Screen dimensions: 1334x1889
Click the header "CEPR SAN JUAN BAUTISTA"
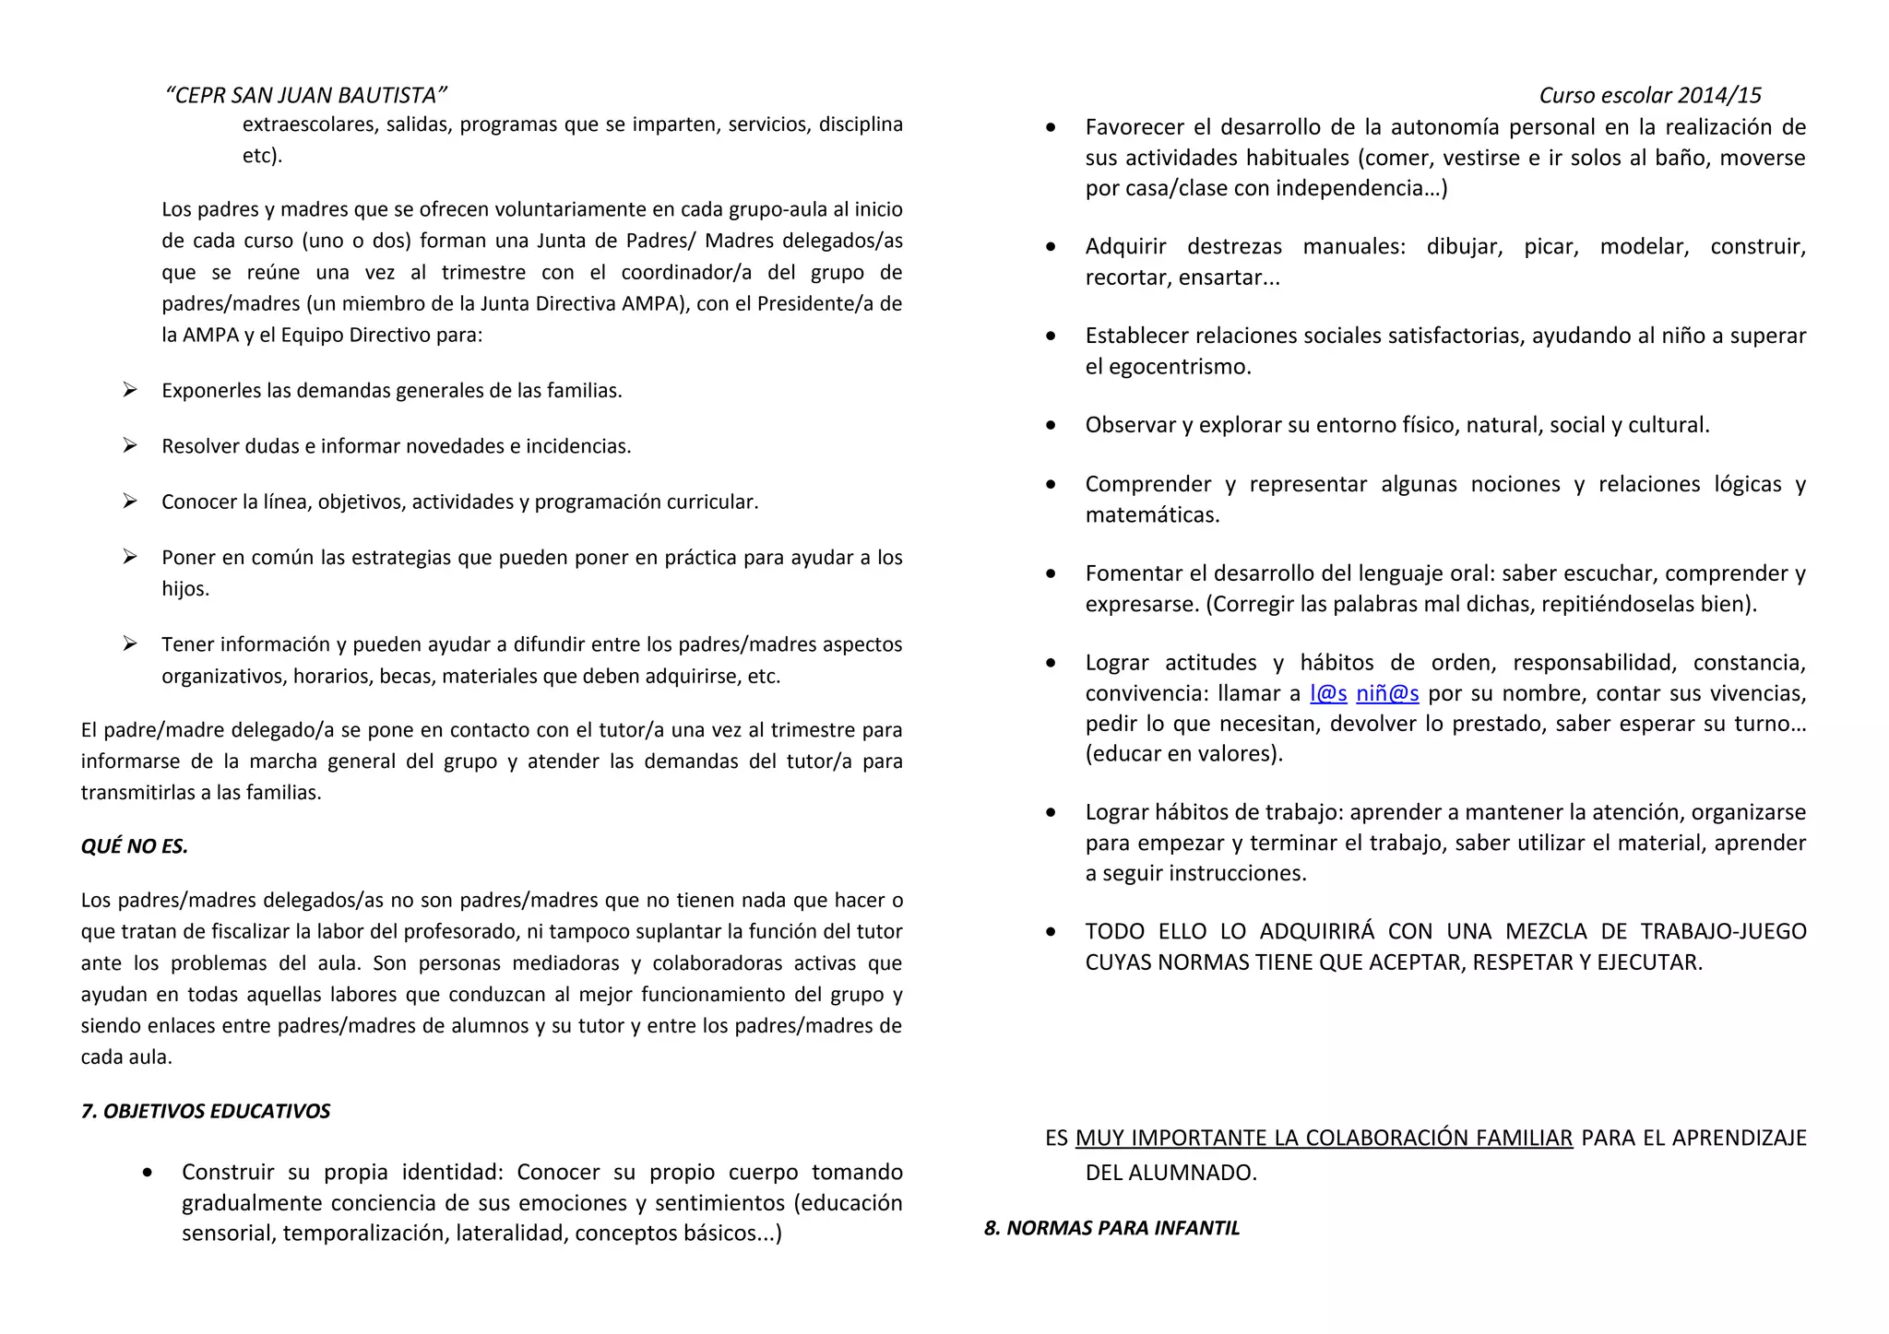coord(305,95)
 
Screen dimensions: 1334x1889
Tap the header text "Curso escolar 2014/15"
coord(1649,95)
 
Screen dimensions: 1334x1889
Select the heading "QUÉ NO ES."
coord(135,846)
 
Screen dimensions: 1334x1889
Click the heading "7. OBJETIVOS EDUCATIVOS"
coord(206,1111)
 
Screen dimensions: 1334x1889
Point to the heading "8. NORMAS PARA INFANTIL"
coord(1111,1228)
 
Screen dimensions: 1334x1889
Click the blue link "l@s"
coord(1328,693)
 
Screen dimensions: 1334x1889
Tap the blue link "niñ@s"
coord(1387,693)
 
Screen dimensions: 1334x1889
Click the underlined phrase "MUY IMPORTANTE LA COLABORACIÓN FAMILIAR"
coord(1324,1138)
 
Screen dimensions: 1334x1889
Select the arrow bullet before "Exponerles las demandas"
coord(130,390)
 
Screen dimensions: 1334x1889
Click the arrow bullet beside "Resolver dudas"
coord(130,446)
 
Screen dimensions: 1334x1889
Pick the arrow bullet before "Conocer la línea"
coord(130,502)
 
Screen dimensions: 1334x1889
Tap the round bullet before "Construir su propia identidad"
coord(149,1173)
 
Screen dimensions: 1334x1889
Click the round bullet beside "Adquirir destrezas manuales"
coord(1051,247)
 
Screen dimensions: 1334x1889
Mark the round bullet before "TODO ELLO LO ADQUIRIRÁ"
coord(1051,932)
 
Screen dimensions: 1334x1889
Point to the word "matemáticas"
coord(1151,515)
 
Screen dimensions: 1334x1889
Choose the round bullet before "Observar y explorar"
coord(1051,426)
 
